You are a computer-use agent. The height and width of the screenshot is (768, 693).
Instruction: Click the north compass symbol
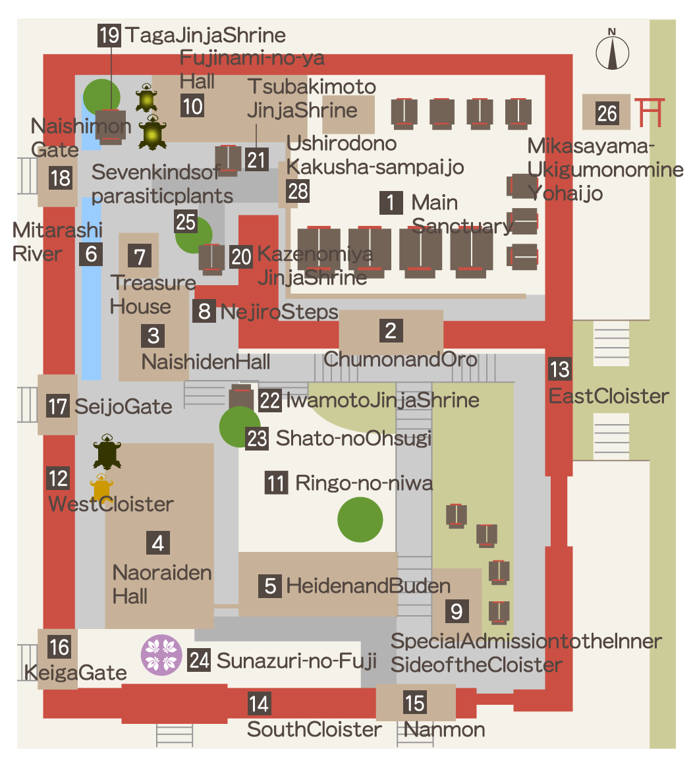[612, 50]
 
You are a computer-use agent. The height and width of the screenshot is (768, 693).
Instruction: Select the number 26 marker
[607, 113]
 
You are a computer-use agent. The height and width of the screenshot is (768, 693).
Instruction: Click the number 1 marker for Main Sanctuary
[391, 202]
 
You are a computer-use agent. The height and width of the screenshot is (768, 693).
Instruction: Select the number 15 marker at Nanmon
[415, 703]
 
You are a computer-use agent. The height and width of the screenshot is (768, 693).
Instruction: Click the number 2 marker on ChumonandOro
[391, 330]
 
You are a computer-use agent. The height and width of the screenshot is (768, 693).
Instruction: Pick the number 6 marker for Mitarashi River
[91, 254]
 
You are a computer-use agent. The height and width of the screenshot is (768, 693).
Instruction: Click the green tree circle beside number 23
[238, 427]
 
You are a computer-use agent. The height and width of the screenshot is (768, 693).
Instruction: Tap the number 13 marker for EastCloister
[559, 370]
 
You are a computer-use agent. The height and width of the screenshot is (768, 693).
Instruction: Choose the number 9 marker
[457, 611]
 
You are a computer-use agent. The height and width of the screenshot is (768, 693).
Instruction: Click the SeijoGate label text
[123, 406]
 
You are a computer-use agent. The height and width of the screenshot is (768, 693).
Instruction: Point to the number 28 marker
[298, 191]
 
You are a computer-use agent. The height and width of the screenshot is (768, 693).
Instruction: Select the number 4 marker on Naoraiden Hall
[158, 543]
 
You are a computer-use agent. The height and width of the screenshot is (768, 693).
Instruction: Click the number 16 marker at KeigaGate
[59, 647]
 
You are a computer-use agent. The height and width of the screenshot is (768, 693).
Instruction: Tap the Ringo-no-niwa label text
[364, 483]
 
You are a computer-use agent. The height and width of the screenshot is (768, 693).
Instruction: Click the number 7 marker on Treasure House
[138, 255]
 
